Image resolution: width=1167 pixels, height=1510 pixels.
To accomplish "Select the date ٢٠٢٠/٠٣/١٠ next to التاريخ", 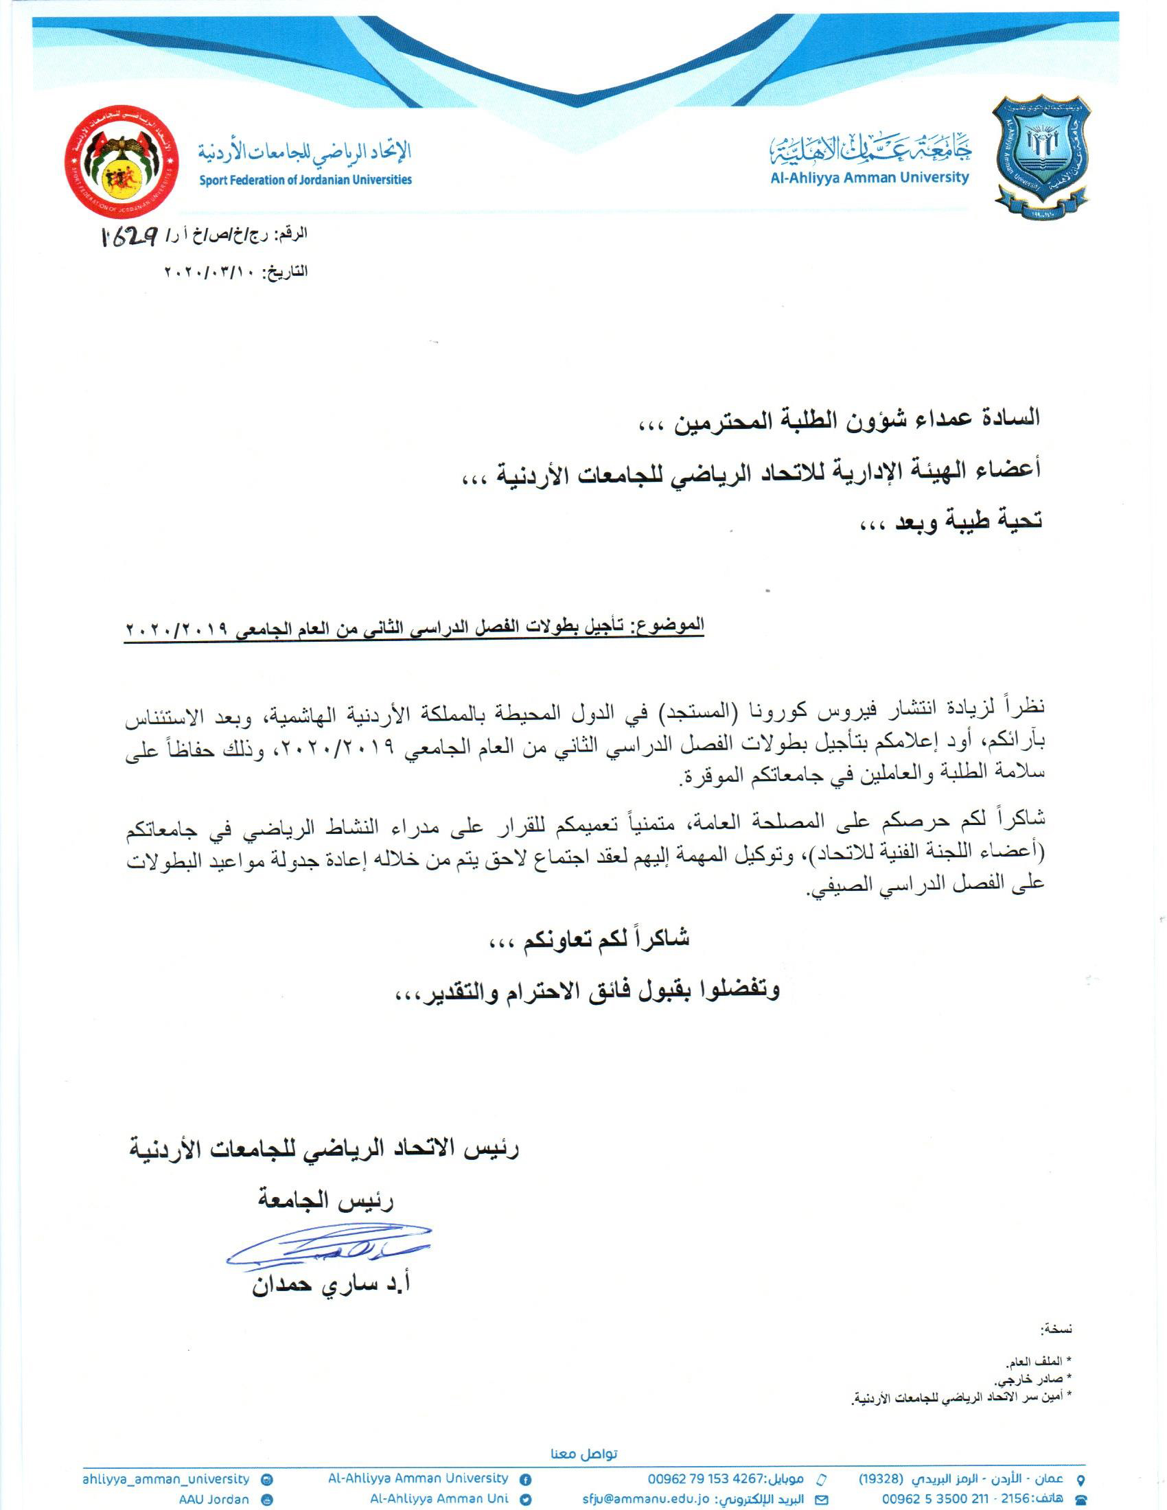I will [208, 272].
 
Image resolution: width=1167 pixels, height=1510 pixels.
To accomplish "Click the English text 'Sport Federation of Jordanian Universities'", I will [305, 180].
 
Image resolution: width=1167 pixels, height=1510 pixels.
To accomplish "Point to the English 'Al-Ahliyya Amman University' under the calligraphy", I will [869, 178].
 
